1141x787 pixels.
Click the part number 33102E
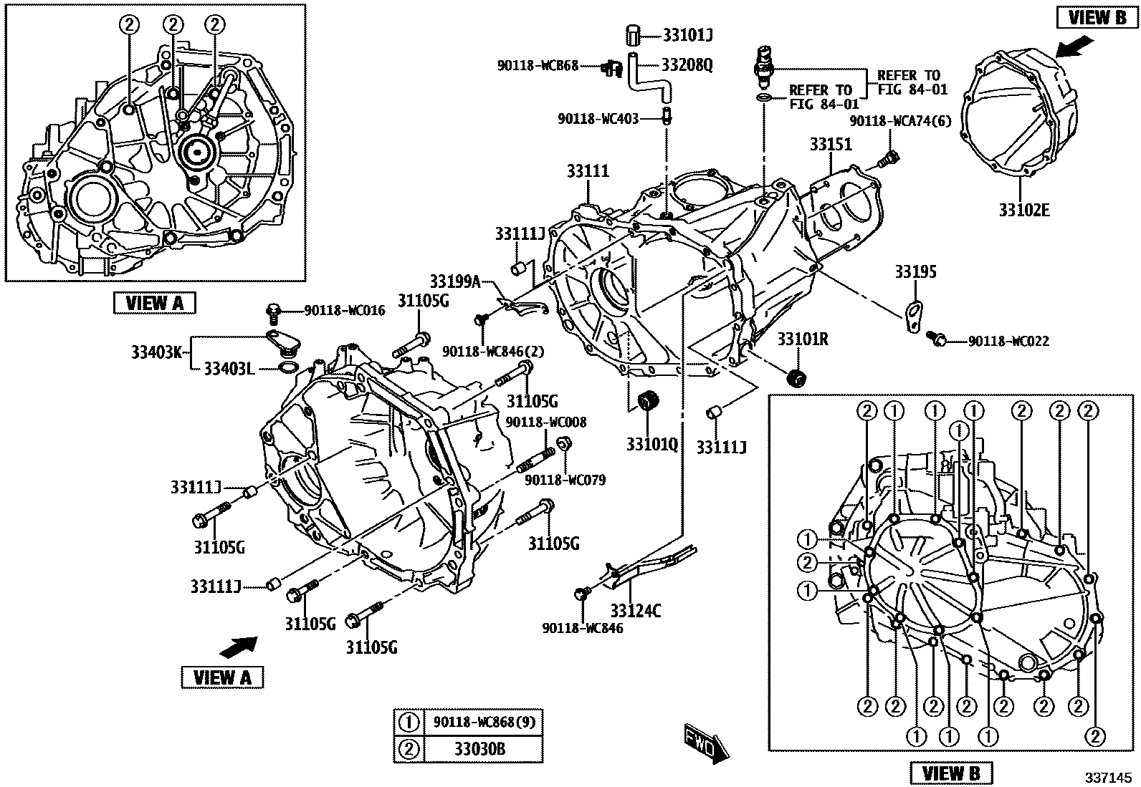click(x=1024, y=210)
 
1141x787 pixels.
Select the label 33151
click(x=831, y=144)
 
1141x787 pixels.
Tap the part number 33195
click(x=915, y=272)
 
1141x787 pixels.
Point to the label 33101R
click(x=803, y=339)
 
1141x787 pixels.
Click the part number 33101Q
click(x=651, y=444)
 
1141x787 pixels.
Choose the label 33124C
click(x=636, y=611)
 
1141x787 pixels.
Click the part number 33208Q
click(x=687, y=65)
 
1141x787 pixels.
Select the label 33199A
click(x=454, y=281)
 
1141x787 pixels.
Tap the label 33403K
click(x=158, y=352)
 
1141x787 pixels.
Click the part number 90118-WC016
click(x=344, y=310)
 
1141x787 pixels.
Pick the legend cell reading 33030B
click(x=479, y=749)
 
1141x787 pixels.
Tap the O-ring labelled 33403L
click(x=287, y=369)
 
